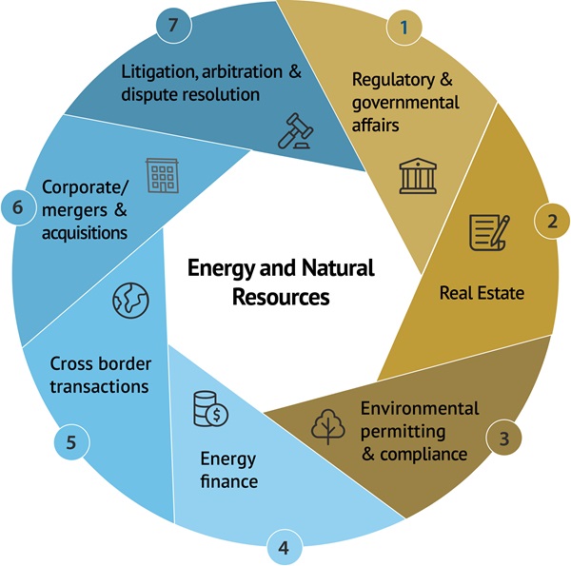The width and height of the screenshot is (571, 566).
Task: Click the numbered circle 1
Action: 404,27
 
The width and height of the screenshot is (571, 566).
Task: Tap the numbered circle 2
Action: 551,223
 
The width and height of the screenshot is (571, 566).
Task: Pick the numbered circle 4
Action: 284,547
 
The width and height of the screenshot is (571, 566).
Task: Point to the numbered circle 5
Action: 70,442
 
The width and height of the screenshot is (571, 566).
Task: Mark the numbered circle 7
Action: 173,25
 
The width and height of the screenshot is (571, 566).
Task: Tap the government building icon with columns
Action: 415,175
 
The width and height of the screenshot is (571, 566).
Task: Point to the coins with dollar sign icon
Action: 209,408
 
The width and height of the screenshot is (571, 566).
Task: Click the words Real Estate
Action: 482,292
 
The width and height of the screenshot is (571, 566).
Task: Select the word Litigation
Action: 163,70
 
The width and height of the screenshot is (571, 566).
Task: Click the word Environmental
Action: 419,408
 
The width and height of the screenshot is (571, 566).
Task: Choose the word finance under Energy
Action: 228,480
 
